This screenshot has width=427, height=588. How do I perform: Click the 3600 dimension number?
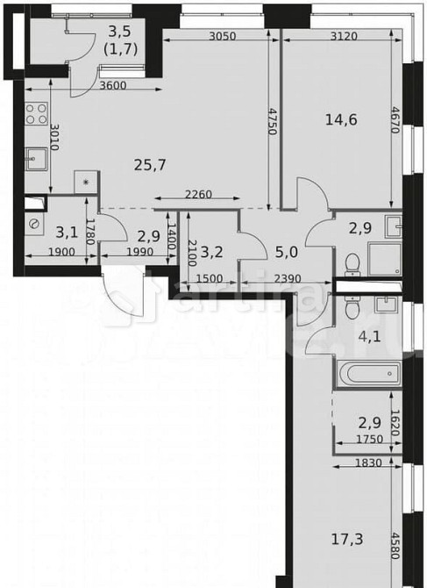tap(114, 85)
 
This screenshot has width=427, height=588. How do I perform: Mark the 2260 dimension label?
tap(201, 196)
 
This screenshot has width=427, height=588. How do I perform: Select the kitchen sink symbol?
tap(36, 159)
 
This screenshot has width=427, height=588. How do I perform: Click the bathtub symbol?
tap(366, 376)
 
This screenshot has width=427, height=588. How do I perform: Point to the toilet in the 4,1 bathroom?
tap(352, 307)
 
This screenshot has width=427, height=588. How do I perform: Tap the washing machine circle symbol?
tap(34, 224)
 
